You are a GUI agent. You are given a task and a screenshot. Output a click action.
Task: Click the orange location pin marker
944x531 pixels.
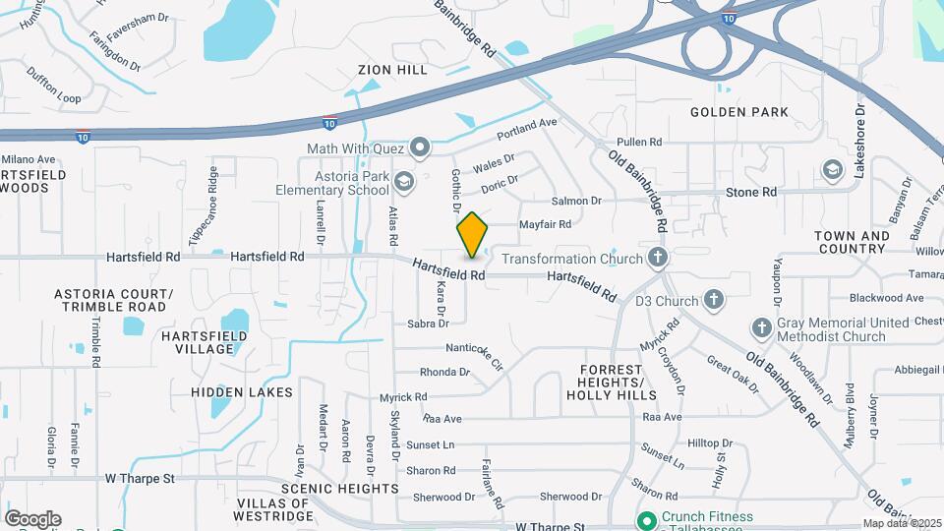tap(473, 235)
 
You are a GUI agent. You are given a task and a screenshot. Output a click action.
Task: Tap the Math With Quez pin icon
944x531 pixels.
tap(421, 148)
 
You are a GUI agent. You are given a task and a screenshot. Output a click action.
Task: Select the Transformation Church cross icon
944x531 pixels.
tap(659, 259)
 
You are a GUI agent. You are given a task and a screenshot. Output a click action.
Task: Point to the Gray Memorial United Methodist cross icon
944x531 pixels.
tap(761, 328)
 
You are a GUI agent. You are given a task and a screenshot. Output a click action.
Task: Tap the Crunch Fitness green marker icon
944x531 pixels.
tap(647, 520)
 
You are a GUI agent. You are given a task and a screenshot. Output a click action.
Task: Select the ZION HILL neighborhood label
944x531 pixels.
tap(393, 70)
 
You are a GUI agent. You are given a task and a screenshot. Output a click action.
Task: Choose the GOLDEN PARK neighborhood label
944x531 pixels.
tap(739, 112)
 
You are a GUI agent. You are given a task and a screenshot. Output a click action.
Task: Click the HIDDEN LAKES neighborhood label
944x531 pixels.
tap(242, 392)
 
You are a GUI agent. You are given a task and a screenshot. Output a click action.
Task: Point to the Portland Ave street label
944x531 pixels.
tap(527, 128)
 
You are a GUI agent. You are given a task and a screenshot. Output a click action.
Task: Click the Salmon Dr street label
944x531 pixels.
tap(576, 201)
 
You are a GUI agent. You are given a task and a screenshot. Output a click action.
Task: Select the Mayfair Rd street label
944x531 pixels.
tap(545, 224)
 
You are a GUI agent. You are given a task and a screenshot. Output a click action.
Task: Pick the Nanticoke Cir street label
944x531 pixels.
tap(475, 355)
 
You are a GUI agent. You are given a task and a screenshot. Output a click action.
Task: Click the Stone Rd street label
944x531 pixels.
tap(751, 192)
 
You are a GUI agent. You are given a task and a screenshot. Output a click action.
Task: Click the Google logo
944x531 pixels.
tap(33, 518)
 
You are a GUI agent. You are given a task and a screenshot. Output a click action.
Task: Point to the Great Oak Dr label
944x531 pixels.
tap(734, 373)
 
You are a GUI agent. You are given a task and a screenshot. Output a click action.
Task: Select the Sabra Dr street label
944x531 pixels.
tap(428, 323)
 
